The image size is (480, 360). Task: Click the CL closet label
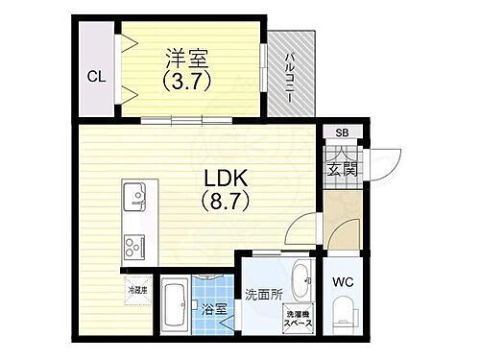96,77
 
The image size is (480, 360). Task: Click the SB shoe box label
341,132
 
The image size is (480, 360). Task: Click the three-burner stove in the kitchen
133,246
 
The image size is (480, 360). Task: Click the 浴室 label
214,309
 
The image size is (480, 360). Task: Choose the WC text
344,283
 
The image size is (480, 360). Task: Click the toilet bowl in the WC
344,318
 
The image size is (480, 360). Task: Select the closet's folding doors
125,72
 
